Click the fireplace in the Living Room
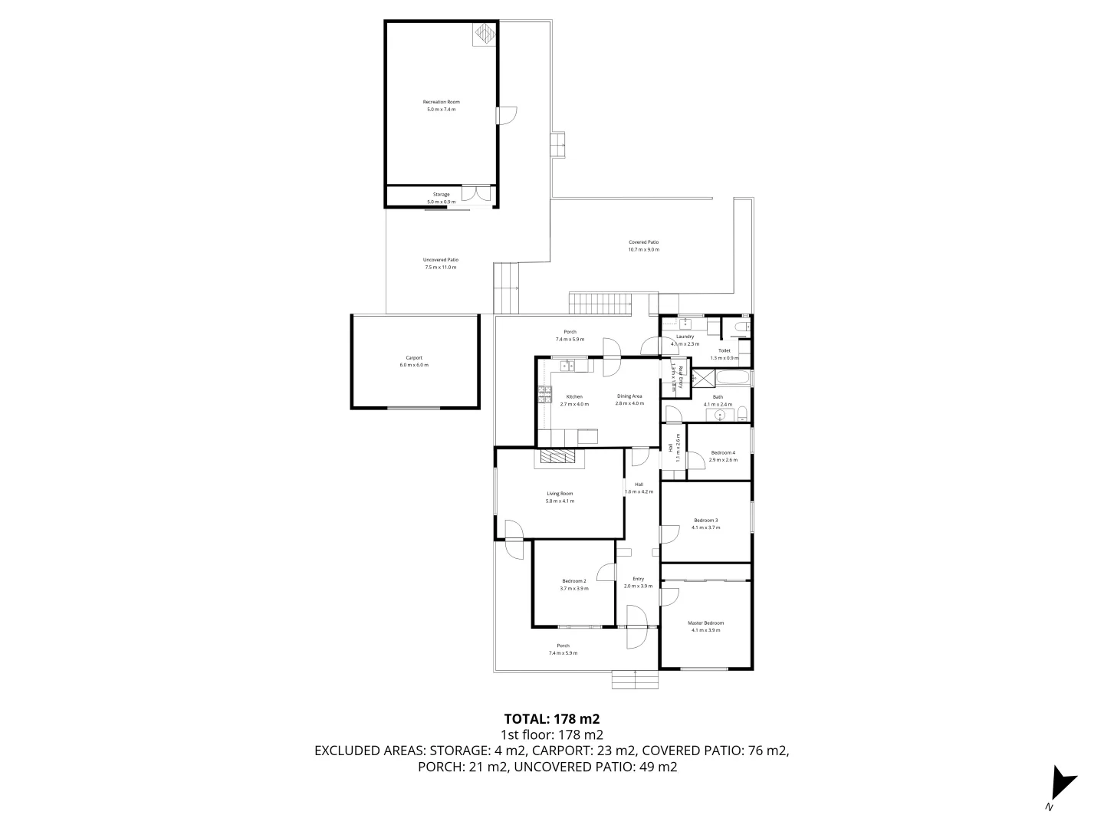[557, 457]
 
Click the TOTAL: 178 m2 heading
[551, 719]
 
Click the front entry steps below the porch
[635, 679]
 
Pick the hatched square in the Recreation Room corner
[484, 34]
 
